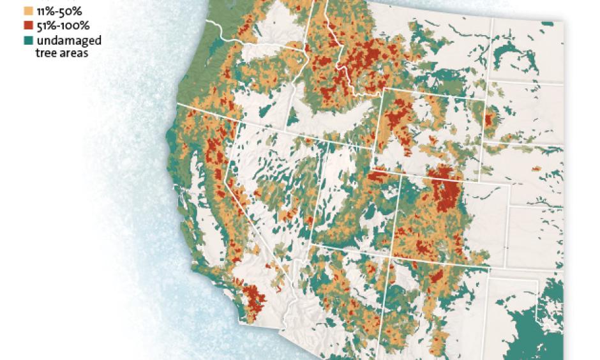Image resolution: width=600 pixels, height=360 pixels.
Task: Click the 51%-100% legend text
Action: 63,26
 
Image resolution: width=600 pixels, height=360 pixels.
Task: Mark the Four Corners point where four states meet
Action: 391,257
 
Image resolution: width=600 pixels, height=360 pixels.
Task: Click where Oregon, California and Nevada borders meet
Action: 237,120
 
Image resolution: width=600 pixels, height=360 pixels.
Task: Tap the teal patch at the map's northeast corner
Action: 547,24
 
